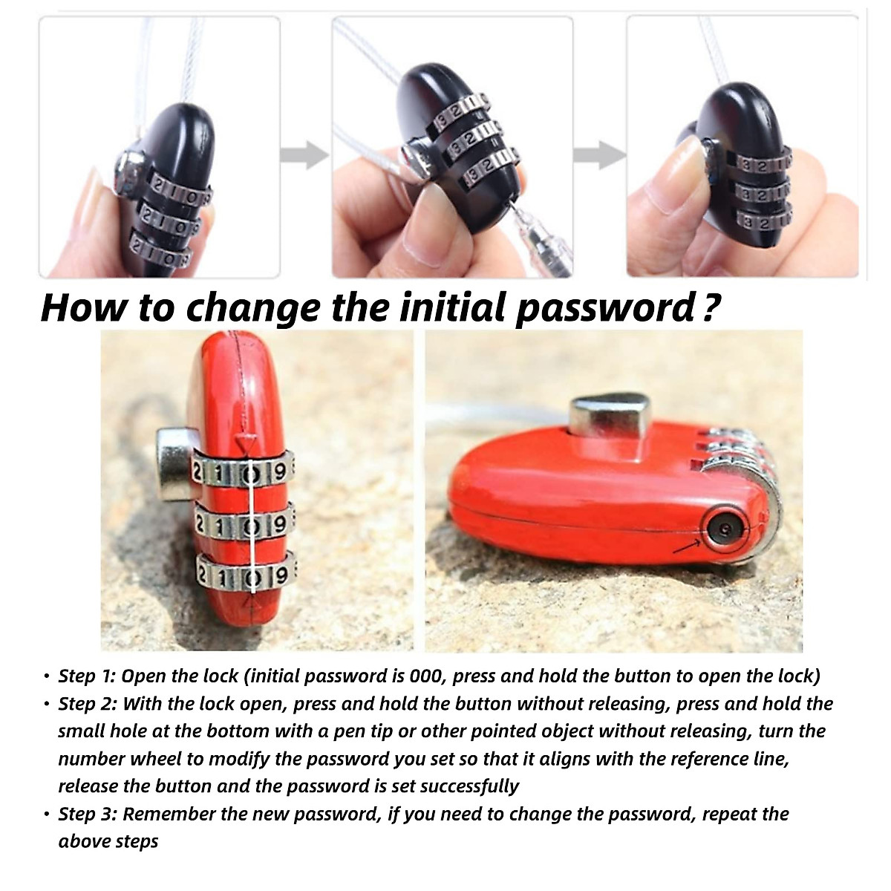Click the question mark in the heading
711,307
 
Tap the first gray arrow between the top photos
304,155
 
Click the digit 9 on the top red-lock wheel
280,471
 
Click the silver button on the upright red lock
174,464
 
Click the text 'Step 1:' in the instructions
87,676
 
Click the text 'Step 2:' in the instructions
88,703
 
